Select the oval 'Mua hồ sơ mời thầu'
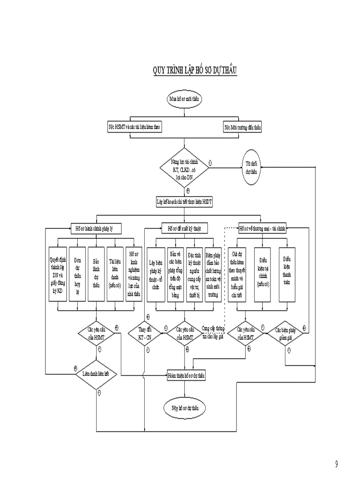point(185,99)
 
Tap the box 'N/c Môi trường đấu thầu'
point(243,127)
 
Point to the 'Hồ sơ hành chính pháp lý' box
point(96,228)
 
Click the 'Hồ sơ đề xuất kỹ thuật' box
point(185,228)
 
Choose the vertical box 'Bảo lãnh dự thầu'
point(96,273)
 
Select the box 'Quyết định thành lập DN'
point(57,273)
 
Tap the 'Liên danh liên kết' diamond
point(97,374)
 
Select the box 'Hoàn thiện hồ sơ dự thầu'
point(186,376)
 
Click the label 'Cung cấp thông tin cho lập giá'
point(213,332)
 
